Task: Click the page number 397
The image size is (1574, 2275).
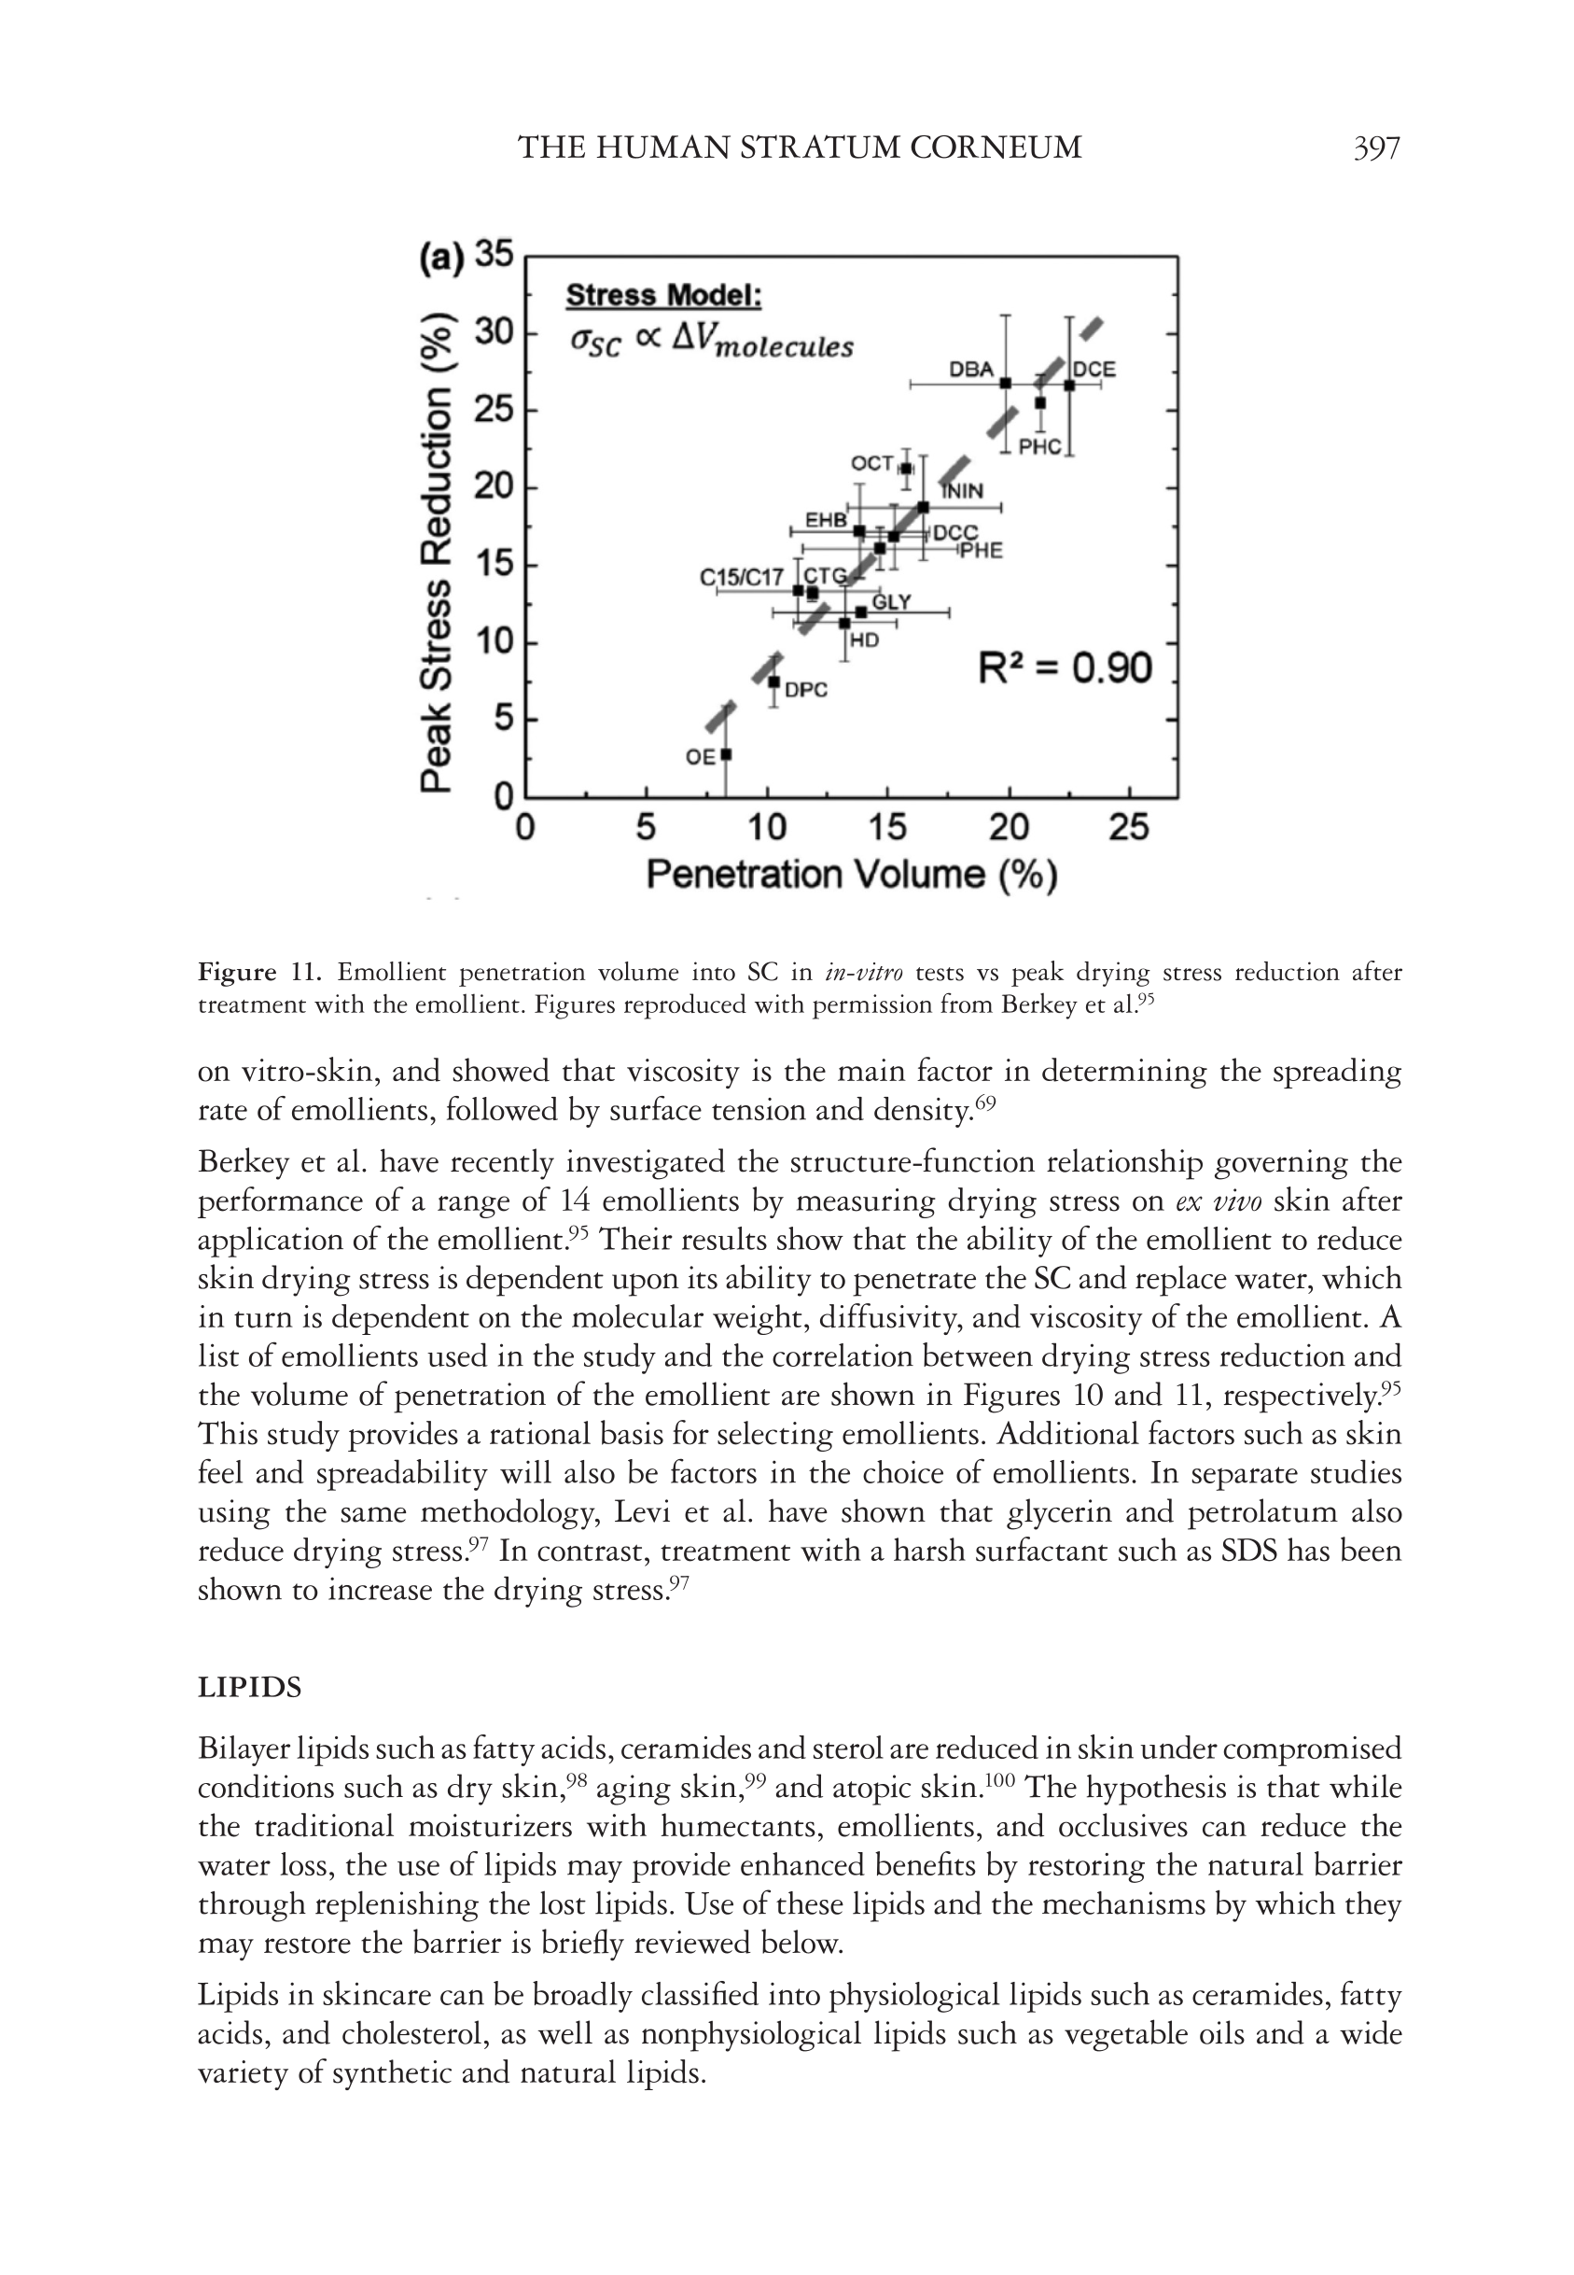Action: click(1376, 148)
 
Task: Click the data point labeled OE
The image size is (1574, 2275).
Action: click(726, 754)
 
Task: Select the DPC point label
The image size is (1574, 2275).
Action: click(806, 691)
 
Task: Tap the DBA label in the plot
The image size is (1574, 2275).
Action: click(970, 369)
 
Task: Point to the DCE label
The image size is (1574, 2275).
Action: click(1093, 370)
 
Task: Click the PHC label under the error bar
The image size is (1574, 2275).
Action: click(1039, 447)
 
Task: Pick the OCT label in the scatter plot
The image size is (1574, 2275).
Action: click(871, 463)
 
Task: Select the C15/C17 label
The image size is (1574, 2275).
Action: click(742, 577)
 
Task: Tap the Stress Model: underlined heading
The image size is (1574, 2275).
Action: click(663, 295)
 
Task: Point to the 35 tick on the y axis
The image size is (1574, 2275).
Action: click(495, 255)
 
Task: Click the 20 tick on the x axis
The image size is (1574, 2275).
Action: click(1008, 827)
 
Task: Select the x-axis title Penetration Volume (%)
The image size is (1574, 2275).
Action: click(851, 875)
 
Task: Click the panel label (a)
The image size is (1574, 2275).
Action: click(440, 259)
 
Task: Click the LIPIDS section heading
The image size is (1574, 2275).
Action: click(249, 1687)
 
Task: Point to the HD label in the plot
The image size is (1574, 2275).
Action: click(864, 640)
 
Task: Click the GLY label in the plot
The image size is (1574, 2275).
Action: click(892, 602)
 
